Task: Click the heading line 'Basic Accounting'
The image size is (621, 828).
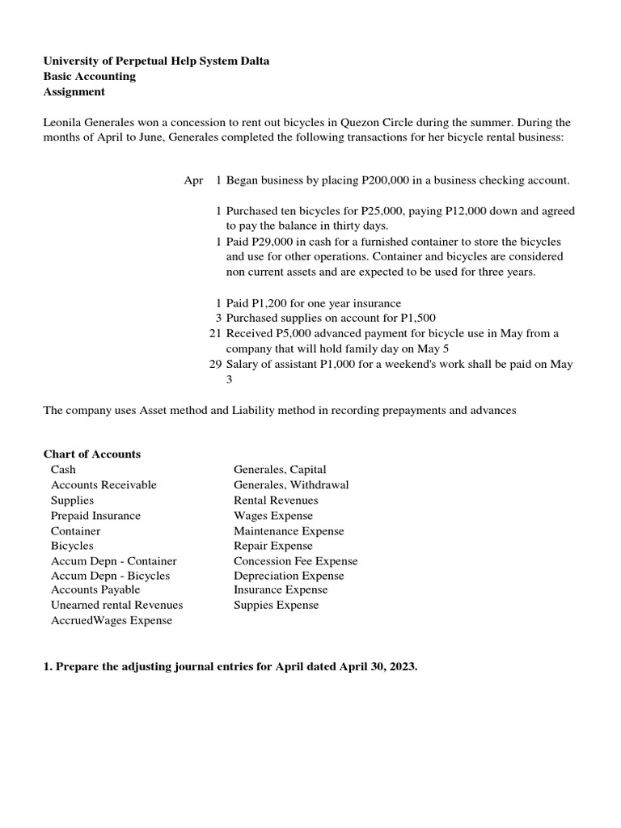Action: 89,77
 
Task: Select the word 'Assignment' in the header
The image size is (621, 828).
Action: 74,92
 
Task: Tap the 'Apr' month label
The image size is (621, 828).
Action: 193,180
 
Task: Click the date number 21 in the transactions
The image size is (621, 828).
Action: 215,333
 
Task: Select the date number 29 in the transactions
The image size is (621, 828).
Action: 215,364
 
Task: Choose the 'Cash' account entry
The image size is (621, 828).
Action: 63,470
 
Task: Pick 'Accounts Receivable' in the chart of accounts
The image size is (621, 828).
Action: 103,485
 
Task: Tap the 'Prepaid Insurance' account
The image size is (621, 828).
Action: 95,516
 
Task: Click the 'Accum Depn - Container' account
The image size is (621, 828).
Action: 113,561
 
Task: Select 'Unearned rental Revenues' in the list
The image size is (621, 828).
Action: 116,606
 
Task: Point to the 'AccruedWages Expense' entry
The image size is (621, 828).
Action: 111,621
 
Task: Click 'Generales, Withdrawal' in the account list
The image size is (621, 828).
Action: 291,485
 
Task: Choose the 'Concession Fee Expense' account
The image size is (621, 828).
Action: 295,561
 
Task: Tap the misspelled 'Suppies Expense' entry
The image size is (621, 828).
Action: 276,606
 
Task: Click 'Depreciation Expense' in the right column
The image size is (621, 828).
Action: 289,576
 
